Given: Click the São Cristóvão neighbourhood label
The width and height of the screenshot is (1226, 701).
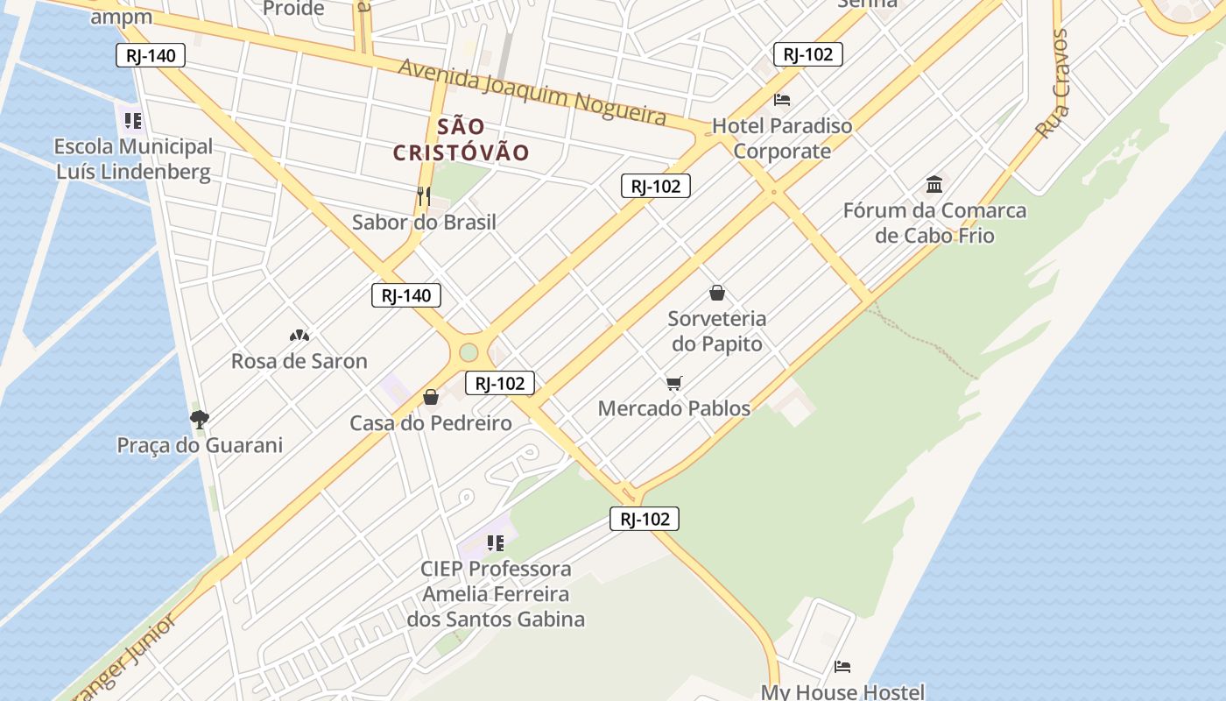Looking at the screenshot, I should pyautogui.click(x=461, y=139).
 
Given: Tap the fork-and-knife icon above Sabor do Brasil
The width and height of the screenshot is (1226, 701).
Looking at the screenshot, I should pyautogui.click(x=424, y=196).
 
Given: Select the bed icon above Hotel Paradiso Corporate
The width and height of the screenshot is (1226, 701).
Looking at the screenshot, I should pyautogui.click(x=782, y=100).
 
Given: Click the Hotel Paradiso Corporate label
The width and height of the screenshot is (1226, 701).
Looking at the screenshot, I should pyautogui.click(x=782, y=138).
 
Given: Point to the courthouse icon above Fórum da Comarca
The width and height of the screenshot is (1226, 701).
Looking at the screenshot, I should pyautogui.click(x=934, y=185).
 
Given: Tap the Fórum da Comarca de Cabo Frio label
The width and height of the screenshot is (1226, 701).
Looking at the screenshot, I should pyautogui.click(x=934, y=223).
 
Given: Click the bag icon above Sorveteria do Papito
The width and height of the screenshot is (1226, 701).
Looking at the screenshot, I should pyautogui.click(x=717, y=293).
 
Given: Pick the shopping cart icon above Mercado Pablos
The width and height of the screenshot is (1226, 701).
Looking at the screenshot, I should pyautogui.click(x=673, y=383).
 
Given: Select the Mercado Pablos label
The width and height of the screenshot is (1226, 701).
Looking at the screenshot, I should pyautogui.click(x=673, y=408).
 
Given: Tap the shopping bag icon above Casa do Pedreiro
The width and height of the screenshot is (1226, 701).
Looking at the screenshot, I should pyautogui.click(x=431, y=398).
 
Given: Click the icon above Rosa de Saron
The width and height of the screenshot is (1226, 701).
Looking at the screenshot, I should pyautogui.click(x=299, y=336).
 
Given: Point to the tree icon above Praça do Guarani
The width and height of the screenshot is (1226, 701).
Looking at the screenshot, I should pyautogui.click(x=200, y=419).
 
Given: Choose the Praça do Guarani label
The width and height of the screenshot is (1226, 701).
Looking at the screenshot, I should pyautogui.click(x=200, y=445).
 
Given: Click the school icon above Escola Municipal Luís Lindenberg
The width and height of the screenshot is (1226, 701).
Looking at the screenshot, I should pyautogui.click(x=133, y=120).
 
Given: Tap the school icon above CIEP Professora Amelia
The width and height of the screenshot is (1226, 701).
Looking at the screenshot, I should pyautogui.click(x=496, y=543).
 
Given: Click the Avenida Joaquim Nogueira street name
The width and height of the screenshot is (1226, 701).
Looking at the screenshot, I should pyautogui.click(x=532, y=91).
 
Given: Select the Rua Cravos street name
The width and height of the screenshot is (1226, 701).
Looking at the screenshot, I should pyautogui.click(x=1052, y=84).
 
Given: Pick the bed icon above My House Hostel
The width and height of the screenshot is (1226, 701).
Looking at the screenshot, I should pyautogui.click(x=842, y=667).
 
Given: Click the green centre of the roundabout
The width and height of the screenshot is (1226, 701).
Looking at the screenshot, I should pyautogui.click(x=469, y=352).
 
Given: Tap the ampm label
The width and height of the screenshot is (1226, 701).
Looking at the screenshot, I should pyautogui.click(x=121, y=17).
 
